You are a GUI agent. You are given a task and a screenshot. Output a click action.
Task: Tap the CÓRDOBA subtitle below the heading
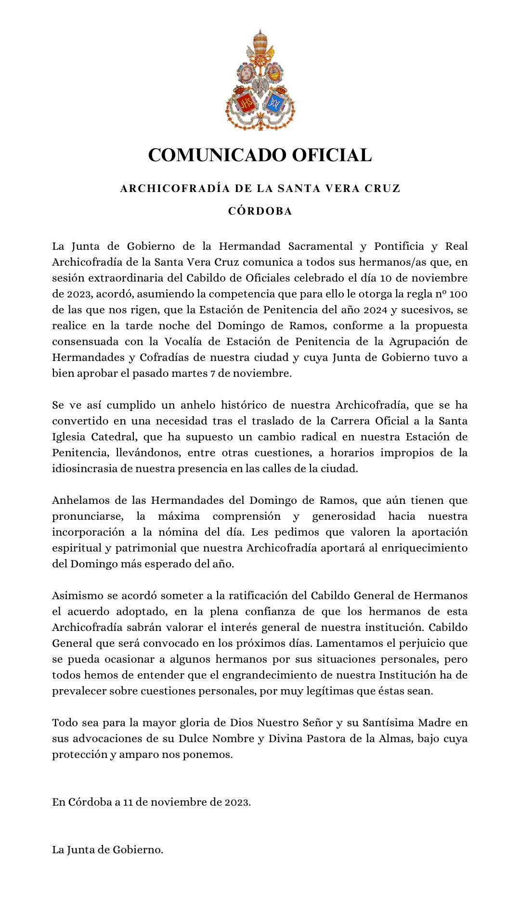(260, 211)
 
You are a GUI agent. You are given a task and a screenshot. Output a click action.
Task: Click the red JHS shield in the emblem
(244, 103)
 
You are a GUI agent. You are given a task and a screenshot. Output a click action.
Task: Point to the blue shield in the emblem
(275, 103)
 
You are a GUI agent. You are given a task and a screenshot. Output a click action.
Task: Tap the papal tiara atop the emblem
(260, 41)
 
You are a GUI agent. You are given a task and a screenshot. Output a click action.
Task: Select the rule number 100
(458, 294)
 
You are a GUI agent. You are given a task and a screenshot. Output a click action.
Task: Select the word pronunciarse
(87, 516)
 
